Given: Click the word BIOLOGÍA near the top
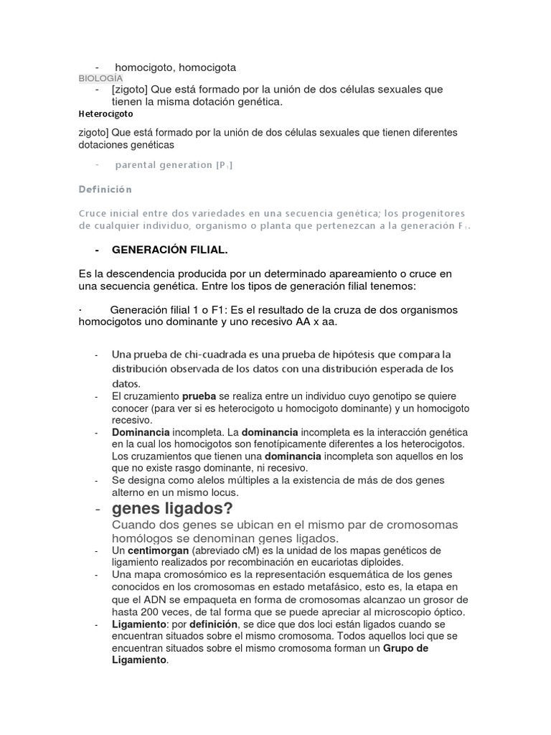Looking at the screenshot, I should coord(100,78).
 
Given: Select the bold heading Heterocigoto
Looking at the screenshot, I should coord(105,113).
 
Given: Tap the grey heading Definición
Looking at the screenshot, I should coord(105,189).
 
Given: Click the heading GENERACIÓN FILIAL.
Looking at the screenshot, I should coord(170,250).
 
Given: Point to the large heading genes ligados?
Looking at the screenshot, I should coord(173,509).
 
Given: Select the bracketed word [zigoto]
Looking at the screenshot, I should coord(129,90).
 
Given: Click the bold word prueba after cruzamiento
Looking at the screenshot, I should coord(199,396).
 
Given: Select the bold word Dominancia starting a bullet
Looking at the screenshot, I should coord(141,433).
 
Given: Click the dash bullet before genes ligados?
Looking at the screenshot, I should coord(97,510).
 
